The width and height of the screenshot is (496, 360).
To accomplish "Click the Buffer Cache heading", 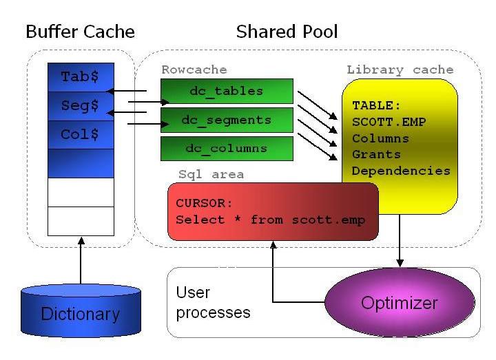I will (x=80, y=32).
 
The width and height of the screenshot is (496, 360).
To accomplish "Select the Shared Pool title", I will (x=287, y=32).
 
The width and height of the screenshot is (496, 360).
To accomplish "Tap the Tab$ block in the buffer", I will (x=81, y=77).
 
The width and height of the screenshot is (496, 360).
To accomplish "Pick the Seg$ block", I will (x=81, y=106).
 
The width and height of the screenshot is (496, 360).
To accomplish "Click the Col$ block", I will (x=81, y=135).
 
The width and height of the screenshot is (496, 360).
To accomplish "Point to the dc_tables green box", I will (x=227, y=91).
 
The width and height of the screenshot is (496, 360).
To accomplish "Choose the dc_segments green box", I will (x=227, y=120).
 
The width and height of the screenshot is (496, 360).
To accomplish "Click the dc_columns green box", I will (x=227, y=149).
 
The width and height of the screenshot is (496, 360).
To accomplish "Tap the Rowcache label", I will (x=194, y=70).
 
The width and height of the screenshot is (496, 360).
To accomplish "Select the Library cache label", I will (x=400, y=70).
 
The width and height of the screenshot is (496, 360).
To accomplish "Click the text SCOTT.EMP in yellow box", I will (x=389, y=122).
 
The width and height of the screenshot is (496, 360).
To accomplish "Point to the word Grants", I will (x=376, y=154).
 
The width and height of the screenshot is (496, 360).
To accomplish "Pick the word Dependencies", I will (x=401, y=171).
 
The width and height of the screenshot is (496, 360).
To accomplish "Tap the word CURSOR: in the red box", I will (x=205, y=204).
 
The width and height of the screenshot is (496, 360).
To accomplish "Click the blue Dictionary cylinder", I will (x=81, y=313).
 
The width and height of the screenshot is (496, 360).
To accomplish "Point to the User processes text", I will (x=213, y=303).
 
